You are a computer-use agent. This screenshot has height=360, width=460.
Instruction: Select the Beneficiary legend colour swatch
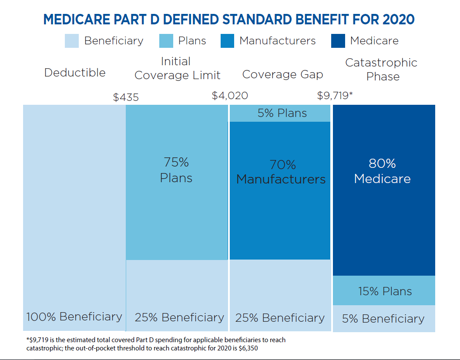pos(72,41)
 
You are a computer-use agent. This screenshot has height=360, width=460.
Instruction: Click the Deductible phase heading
pos(75,72)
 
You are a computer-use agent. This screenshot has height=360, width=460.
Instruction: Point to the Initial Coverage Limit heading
pos(177,68)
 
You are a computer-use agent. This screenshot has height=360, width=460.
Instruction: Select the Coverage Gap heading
pos(282,74)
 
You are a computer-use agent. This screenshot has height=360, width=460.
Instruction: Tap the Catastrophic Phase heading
pos(381,69)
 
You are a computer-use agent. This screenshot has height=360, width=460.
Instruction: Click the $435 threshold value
pos(126,97)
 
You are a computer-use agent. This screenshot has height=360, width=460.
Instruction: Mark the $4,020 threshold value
pos(230,96)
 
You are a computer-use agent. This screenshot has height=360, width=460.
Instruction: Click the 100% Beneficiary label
pos(74,317)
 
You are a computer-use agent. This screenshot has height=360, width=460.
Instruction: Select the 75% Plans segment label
pos(176,170)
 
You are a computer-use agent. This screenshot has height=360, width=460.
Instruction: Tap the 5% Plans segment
pos(282,113)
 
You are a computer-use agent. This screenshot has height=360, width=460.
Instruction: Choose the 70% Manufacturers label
pos(281,172)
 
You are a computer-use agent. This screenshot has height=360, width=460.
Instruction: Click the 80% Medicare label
pos(382,171)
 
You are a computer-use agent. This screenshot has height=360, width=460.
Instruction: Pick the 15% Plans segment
pos(385,291)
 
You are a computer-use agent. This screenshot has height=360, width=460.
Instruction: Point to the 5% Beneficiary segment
pos(383,319)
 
